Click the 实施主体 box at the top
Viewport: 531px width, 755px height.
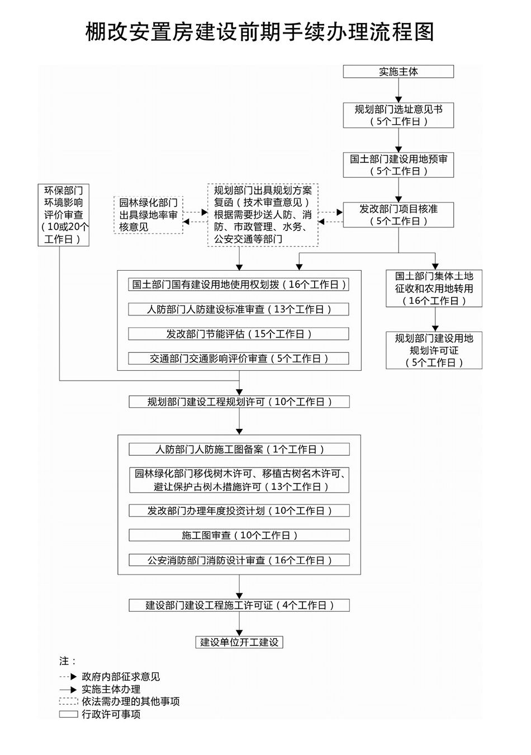(x=398, y=72)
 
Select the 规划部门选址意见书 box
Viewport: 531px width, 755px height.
(x=398, y=115)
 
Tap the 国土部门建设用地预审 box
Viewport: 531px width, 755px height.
(x=398, y=164)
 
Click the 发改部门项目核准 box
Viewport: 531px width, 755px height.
(x=398, y=215)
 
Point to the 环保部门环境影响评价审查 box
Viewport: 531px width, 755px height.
(x=63, y=215)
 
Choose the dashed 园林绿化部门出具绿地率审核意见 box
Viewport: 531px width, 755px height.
(x=148, y=215)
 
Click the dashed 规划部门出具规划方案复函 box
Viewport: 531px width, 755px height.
(x=262, y=215)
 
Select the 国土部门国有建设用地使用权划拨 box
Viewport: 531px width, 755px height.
(x=239, y=285)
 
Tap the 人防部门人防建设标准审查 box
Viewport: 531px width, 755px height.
(x=239, y=309)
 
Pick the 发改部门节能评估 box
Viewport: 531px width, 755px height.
(x=239, y=334)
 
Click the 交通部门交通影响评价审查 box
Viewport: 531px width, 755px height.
(x=239, y=358)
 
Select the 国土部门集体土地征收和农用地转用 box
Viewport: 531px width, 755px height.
(x=434, y=289)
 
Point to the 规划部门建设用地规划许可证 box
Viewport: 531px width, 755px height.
(x=434, y=351)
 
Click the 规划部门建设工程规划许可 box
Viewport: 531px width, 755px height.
(x=239, y=402)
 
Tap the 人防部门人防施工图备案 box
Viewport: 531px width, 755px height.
(x=239, y=449)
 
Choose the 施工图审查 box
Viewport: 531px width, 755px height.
(x=239, y=535)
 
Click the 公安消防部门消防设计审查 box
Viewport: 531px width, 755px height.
(x=239, y=560)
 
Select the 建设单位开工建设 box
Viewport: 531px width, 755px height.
(x=239, y=642)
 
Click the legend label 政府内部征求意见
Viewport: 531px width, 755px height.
(x=121, y=677)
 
